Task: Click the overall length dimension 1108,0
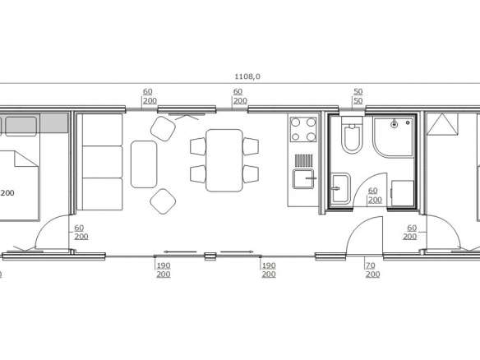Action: coord(247,76)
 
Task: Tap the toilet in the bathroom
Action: coord(352,135)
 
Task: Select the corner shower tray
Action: coord(394,136)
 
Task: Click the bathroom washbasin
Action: coord(340,188)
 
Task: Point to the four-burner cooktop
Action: coord(303,130)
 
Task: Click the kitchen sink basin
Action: coord(303,179)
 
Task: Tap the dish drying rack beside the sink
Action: coord(304,160)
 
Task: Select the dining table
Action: coord(224,160)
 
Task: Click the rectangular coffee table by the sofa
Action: coord(144,164)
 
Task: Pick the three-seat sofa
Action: coord(99,162)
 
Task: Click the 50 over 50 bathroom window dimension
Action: coord(358,96)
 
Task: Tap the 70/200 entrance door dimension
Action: coord(372,270)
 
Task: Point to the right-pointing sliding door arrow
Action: coord(237,252)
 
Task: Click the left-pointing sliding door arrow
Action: coord(180,252)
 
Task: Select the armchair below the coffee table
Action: coord(163,201)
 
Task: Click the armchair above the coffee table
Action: coord(163,128)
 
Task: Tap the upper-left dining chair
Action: coord(198,146)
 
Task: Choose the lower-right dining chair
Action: coord(251,174)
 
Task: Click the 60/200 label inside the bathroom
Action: coord(375,196)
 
